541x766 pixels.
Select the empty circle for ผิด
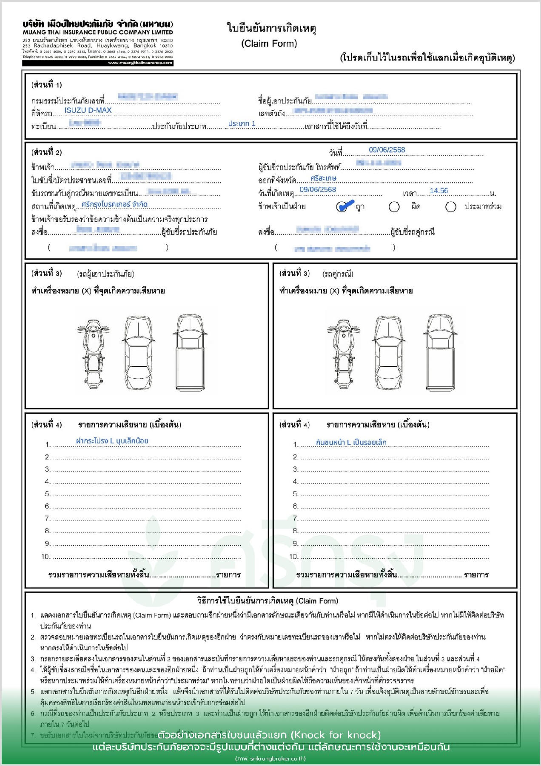pos(394,207)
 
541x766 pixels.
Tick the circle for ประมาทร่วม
pos(451,207)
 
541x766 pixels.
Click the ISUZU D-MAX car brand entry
pos(88,110)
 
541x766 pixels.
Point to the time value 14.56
pos(439,191)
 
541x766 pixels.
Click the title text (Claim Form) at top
pos(269,43)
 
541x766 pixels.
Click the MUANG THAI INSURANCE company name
pos(98,32)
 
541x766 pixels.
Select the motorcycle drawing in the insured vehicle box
pos(93,352)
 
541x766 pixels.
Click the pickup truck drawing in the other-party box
pos(440,352)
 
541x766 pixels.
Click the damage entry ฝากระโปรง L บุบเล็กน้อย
pos(112,441)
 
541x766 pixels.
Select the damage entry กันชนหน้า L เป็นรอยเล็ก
pos(351,442)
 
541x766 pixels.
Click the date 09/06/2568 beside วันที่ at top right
pos(387,150)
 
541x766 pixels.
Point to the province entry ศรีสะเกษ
pos(324,178)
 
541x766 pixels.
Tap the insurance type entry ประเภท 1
pos(242,123)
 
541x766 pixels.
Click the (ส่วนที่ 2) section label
pos(47,152)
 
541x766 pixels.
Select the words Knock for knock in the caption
pos(336,735)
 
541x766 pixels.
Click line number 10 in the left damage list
pos(46,557)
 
